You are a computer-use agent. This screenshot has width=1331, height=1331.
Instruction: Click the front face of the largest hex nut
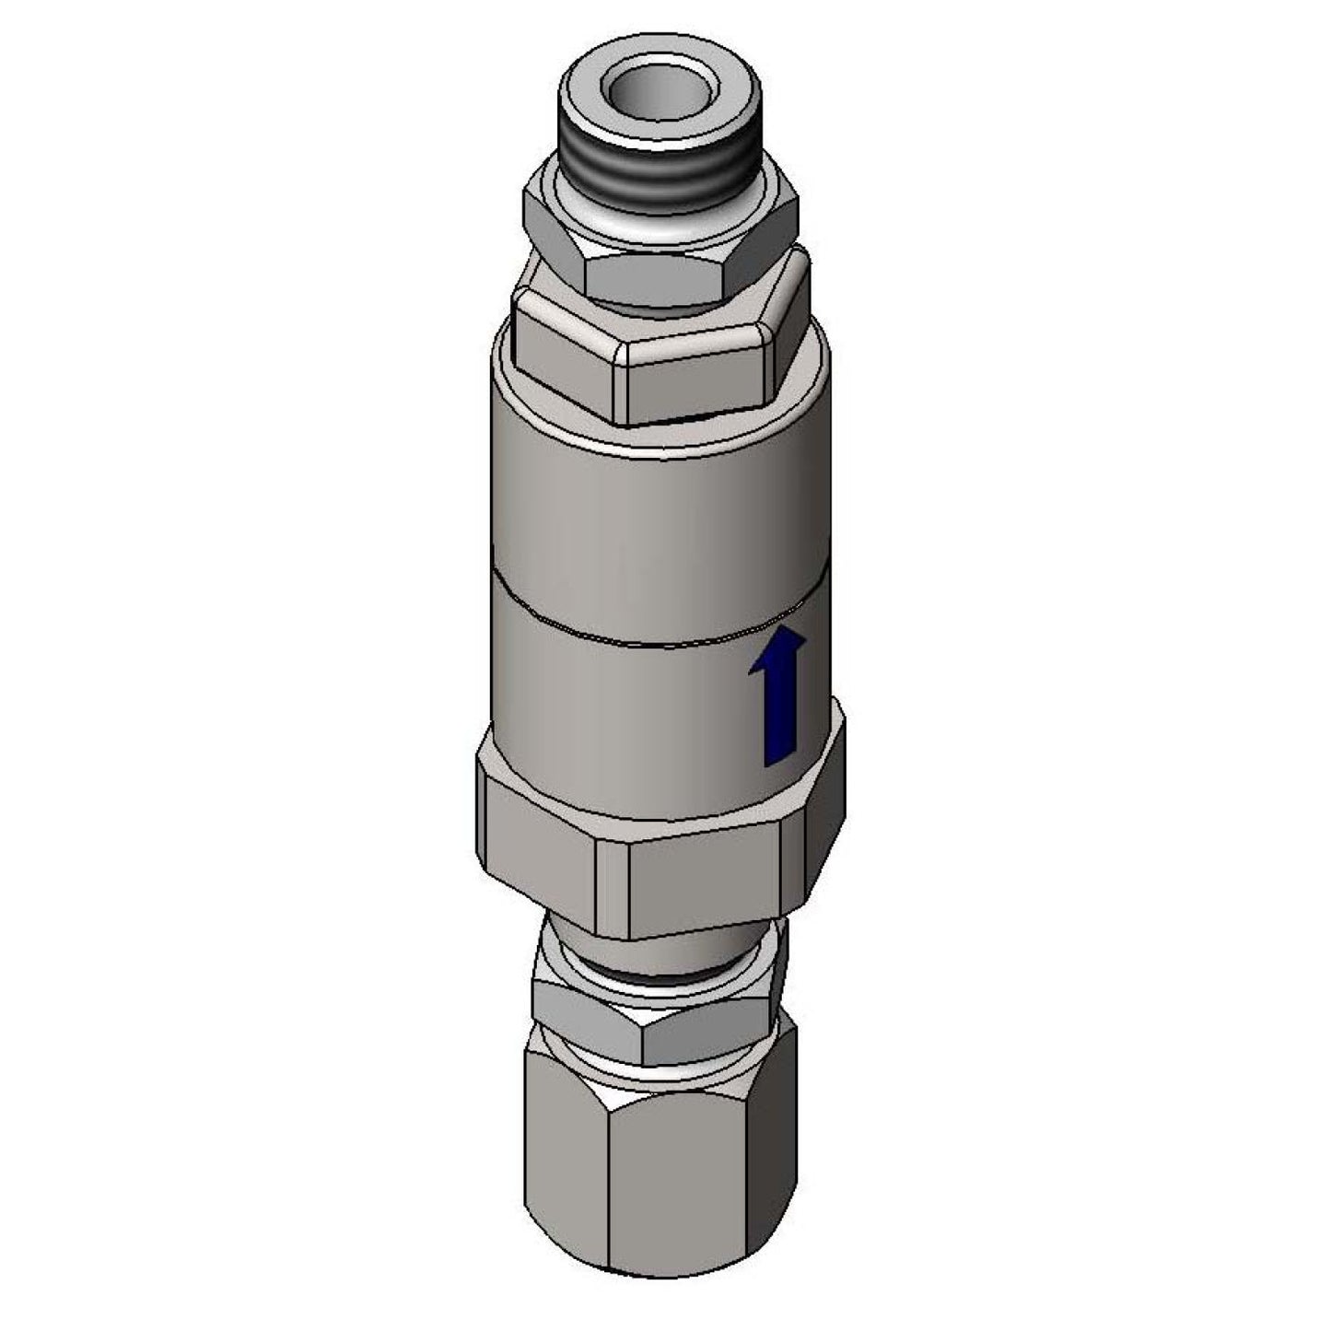691,884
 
